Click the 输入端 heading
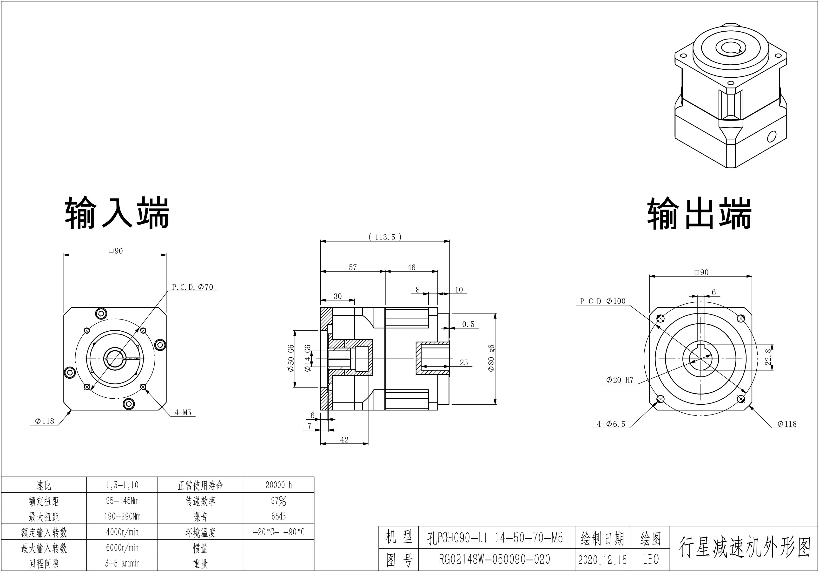point(117,213)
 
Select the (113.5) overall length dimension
point(385,237)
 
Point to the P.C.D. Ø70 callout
point(193,287)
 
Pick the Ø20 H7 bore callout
point(620,380)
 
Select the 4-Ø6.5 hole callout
point(611,424)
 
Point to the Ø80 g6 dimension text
point(491,358)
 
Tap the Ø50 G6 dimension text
point(291,358)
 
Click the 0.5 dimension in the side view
point(468,324)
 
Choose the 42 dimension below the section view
point(344,440)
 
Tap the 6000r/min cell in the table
point(122,548)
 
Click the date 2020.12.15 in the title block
point(602,559)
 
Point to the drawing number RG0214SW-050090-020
point(494,559)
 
